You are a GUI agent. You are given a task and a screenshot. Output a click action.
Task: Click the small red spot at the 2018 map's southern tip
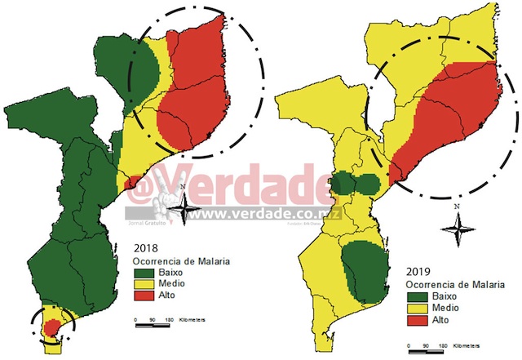tap(51, 327)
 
